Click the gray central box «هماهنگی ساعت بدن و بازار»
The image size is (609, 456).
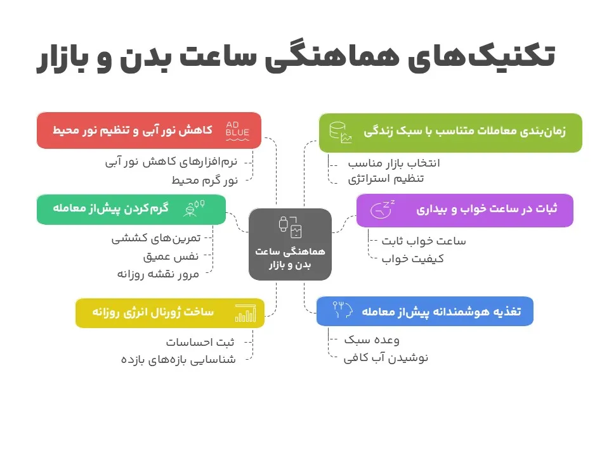point(290,244)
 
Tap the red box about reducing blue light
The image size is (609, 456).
point(149,130)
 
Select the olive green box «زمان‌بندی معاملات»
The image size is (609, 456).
point(450,132)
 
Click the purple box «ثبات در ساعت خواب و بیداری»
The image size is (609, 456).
point(464,210)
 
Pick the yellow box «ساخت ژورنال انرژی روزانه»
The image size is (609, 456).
point(169,313)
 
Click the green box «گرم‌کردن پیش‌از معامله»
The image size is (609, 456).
point(131,209)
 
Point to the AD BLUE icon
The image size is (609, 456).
point(238,130)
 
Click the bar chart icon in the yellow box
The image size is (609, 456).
point(245,313)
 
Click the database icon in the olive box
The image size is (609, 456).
point(338,132)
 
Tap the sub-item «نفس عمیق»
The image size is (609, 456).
point(171,256)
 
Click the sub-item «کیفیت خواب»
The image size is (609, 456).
point(413,258)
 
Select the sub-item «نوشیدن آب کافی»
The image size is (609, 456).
point(386,358)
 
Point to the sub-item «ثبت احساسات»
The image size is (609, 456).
point(200,343)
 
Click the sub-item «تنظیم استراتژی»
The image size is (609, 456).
point(386,179)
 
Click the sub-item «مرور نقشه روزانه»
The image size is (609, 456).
point(158,274)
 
